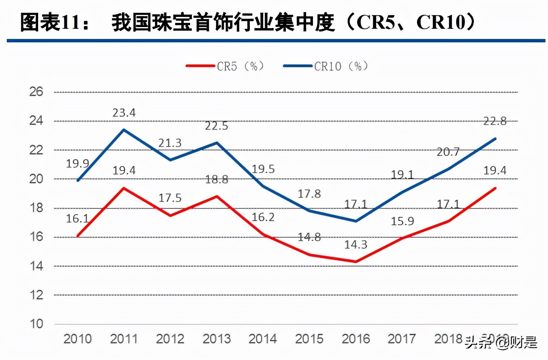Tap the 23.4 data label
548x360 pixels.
124,113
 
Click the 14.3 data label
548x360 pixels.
355,244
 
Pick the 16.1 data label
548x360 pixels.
77,219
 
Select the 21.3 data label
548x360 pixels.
170,143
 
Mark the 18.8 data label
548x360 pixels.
216,179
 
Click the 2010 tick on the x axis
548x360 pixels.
77,339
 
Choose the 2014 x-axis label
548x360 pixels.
263,339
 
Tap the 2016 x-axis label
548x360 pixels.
355,339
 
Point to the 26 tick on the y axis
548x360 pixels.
37,92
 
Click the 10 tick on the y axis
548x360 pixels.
37,324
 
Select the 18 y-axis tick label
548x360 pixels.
37,208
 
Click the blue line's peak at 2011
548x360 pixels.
124,130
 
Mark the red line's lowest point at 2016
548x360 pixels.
355,262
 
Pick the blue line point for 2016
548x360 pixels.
355,221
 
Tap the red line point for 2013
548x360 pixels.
216,196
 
